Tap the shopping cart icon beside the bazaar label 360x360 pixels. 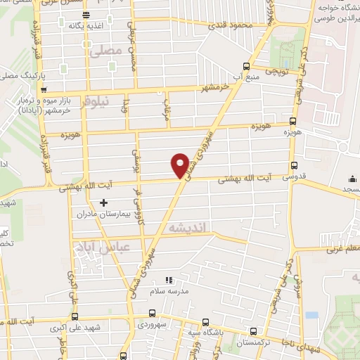(44, 90)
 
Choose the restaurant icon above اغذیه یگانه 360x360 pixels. (85, 15)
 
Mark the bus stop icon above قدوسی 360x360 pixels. (292, 165)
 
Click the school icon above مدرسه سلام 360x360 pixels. (168, 281)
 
